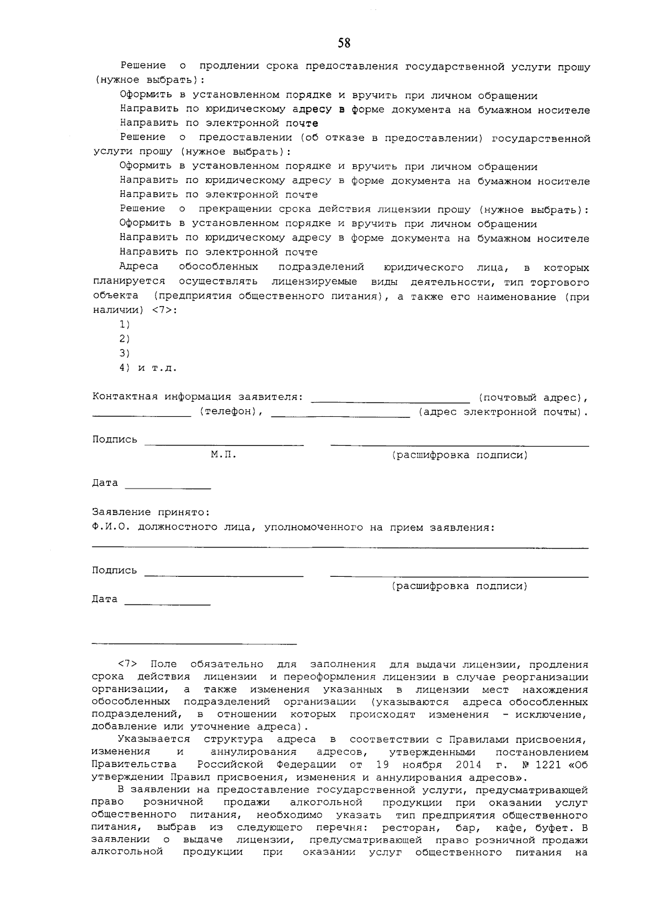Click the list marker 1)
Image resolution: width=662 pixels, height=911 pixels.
tap(125, 324)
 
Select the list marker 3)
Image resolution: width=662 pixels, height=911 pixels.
tap(125, 353)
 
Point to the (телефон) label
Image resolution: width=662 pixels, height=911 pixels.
tap(227, 412)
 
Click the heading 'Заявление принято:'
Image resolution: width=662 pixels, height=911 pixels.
tap(151, 512)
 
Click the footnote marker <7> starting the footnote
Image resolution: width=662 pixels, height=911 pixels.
tap(127, 665)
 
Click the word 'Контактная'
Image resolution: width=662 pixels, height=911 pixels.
tap(117, 397)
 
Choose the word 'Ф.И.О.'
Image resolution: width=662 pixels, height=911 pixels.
tap(110, 527)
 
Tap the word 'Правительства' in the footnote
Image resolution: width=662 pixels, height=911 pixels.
tap(134, 764)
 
